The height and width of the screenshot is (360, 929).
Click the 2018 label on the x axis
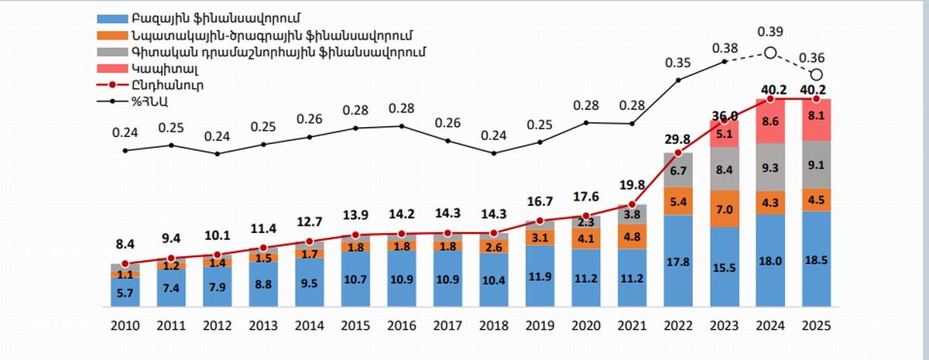pyautogui.click(x=494, y=326)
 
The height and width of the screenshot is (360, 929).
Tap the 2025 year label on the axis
pyautogui.click(x=817, y=326)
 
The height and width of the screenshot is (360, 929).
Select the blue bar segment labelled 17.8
pyautogui.click(x=678, y=260)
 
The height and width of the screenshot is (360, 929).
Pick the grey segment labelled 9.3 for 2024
pyautogui.click(x=771, y=167)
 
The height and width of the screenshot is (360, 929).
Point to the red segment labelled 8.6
pyautogui.click(x=771, y=122)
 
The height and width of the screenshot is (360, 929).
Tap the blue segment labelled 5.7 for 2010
pyautogui.click(x=125, y=292)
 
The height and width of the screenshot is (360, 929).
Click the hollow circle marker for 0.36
pyautogui.click(x=817, y=74)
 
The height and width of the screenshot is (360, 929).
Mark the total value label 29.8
pyautogui.click(x=678, y=139)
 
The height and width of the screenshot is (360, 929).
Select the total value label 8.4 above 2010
pyautogui.click(x=125, y=245)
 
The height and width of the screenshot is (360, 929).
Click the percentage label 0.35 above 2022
pyautogui.click(x=678, y=63)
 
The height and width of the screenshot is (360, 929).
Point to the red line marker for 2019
pyautogui.click(x=540, y=221)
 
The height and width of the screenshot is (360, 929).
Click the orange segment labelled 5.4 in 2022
pyautogui.click(x=678, y=201)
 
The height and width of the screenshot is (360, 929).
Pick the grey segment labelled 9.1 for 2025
pyautogui.click(x=817, y=164)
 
